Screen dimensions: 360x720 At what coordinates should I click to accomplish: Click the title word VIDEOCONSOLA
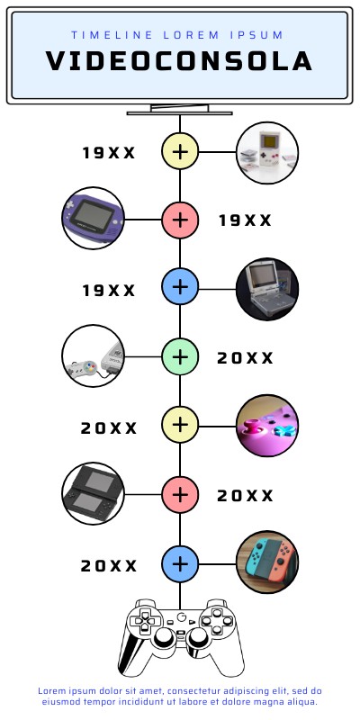pyautogui.click(x=179, y=61)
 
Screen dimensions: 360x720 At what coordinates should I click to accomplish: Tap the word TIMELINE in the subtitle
pyautogui.click(x=112, y=35)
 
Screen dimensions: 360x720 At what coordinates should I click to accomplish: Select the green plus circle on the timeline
pyautogui.click(x=180, y=356)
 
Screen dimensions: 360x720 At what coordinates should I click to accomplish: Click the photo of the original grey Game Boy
pyautogui.click(x=267, y=153)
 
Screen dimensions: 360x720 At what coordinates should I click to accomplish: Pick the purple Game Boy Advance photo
pyautogui.click(x=94, y=218)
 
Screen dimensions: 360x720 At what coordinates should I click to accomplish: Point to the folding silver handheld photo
pyautogui.click(x=267, y=289)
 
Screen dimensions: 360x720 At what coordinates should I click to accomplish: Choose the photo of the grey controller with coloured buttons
pyautogui.click(x=94, y=355)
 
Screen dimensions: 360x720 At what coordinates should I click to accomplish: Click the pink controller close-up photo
pyautogui.click(x=267, y=426)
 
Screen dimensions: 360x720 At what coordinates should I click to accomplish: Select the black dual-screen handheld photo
pyautogui.click(x=94, y=493)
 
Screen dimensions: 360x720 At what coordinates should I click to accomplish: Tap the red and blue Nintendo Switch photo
pyautogui.click(x=267, y=562)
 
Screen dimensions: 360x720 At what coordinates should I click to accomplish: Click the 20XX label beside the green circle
pyautogui.click(x=245, y=358)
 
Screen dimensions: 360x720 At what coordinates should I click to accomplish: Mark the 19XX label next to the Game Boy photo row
pyautogui.click(x=109, y=153)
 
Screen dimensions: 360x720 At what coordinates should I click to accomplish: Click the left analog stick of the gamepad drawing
pyautogui.click(x=164, y=636)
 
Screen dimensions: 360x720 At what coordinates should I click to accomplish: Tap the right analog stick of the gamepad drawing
pyautogui.click(x=197, y=636)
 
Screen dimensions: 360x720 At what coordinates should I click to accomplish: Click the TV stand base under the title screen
pyautogui.click(x=179, y=113)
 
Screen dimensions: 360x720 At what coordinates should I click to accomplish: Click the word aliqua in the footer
pyautogui.click(x=303, y=702)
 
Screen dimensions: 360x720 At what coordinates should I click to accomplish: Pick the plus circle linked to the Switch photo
pyautogui.click(x=180, y=564)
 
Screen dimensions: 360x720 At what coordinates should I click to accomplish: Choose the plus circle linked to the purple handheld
pyautogui.click(x=180, y=220)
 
